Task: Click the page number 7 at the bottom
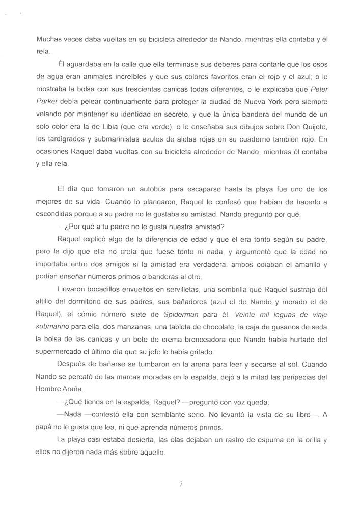tap(181, 484)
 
